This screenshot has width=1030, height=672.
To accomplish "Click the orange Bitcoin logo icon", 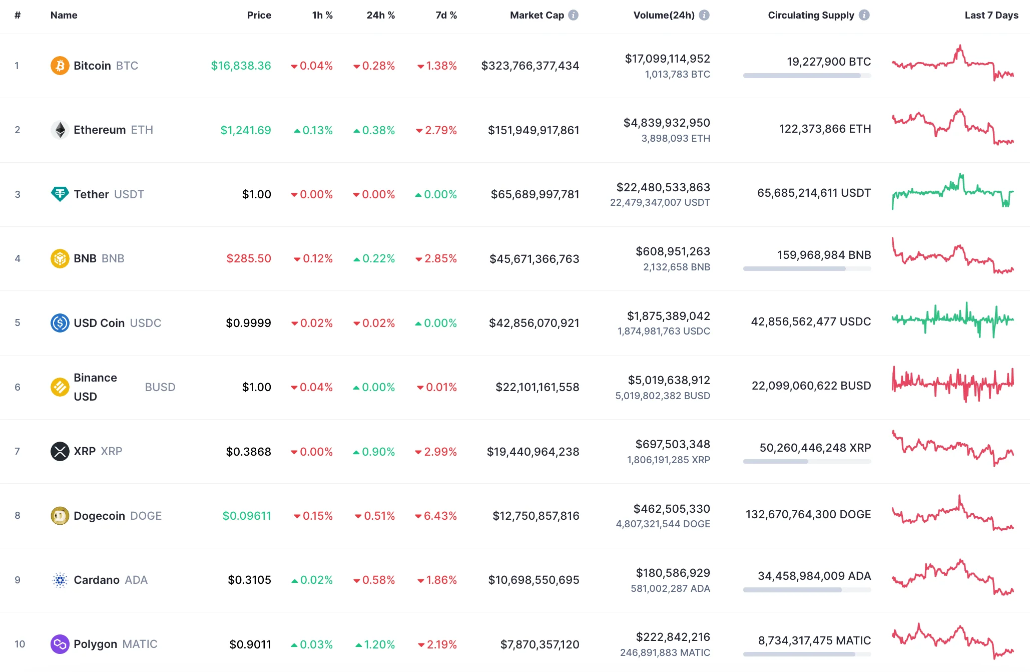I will [x=60, y=66].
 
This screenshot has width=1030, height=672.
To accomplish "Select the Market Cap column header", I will [x=537, y=15].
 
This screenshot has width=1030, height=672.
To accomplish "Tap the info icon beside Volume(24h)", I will [x=704, y=15].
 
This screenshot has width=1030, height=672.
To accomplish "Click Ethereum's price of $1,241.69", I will [x=246, y=130].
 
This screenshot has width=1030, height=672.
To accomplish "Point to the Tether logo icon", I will [x=60, y=194].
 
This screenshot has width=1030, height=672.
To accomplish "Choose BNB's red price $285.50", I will [x=249, y=258].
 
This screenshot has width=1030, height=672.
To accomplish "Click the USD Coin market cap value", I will [x=534, y=323].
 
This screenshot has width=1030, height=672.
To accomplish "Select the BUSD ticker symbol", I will [x=160, y=387].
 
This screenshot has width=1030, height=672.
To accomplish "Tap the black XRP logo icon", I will [x=60, y=451].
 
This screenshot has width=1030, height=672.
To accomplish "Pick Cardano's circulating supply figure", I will [x=814, y=576].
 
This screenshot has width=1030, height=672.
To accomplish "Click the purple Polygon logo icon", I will [x=60, y=644].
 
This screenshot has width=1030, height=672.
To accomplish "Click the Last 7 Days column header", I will [x=991, y=15].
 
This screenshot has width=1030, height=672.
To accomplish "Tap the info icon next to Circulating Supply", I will [x=864, y=15].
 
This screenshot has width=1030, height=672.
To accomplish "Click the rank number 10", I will [x=20, y=644].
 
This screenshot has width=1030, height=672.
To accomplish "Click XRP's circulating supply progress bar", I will [x=807, y=462].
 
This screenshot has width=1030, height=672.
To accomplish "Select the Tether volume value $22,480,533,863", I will [x=663, y=187].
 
